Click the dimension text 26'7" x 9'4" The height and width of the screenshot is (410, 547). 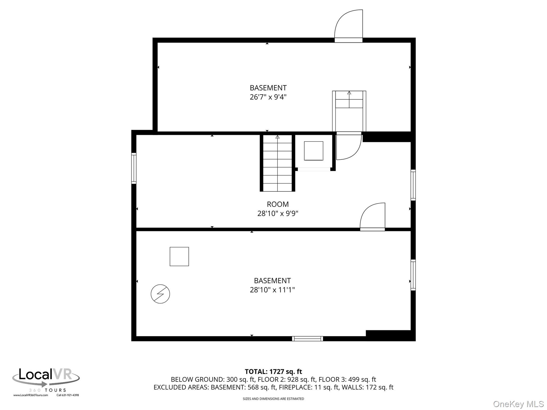pos(268,97)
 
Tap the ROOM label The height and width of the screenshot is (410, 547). pos(278,204)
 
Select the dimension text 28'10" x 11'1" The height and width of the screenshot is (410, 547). pos(272,290)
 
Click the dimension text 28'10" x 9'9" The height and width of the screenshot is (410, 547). pos(278,214)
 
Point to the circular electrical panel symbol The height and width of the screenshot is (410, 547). pos(160,294)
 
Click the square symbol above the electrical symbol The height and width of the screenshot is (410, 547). pos(179,257)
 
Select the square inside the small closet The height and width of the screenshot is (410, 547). pos(314,151)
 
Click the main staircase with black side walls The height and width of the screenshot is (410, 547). pos(278,163)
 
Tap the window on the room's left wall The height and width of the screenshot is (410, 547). pos(134,168)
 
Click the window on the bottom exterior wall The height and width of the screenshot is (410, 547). pos(307,339)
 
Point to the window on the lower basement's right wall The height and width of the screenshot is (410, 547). pos(413,275)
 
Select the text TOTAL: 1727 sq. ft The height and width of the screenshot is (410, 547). pos(273,372)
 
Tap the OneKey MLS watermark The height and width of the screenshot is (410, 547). pos(518,404)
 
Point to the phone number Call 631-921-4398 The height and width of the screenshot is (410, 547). pos(68,395)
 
